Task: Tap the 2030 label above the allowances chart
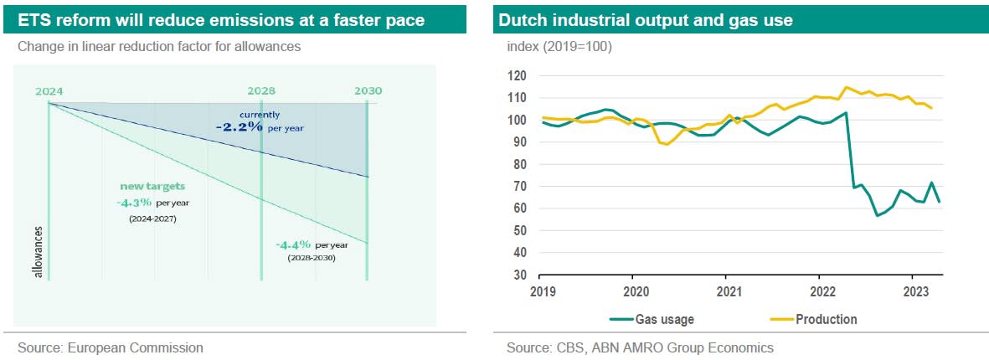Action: tap(367, 90)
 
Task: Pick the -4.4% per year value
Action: tap(293, 244)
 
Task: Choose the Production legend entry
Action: tap(826, 319)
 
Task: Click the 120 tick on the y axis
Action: tap(518, 76)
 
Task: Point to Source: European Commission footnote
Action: tap(111, 347)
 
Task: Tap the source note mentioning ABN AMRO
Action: tap(640, 347)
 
